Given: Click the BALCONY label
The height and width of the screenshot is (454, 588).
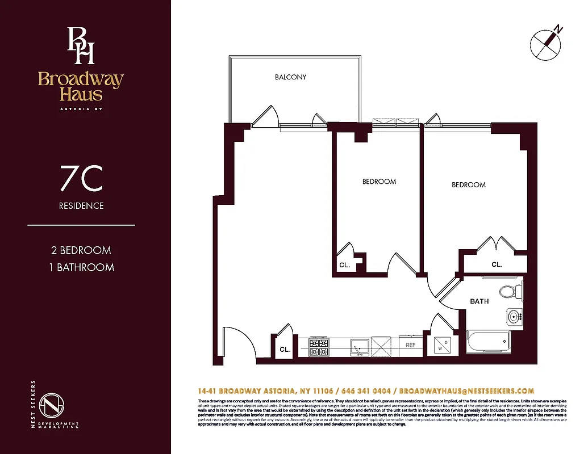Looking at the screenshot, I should [290, 77].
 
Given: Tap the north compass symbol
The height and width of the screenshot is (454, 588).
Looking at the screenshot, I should [546, 43].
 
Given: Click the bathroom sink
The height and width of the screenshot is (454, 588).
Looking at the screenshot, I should [514, 316].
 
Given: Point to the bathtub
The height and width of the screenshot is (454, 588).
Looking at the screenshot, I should [489, 342].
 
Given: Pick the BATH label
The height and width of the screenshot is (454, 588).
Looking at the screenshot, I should [479, 301].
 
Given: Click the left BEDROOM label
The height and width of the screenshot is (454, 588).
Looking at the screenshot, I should [379, 182].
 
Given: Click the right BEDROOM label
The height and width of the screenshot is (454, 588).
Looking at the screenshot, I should [469, 185].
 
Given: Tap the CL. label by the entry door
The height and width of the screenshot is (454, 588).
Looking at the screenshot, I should [285, 350].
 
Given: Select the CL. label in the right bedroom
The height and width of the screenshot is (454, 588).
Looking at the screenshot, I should [497, 265].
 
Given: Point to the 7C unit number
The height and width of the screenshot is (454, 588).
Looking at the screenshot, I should [81, 179].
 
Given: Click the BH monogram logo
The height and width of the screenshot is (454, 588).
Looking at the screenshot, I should [81, 45].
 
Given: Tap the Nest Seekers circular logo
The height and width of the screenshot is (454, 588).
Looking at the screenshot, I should [52, 404].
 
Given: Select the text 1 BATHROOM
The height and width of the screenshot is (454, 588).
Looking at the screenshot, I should [81, 267].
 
